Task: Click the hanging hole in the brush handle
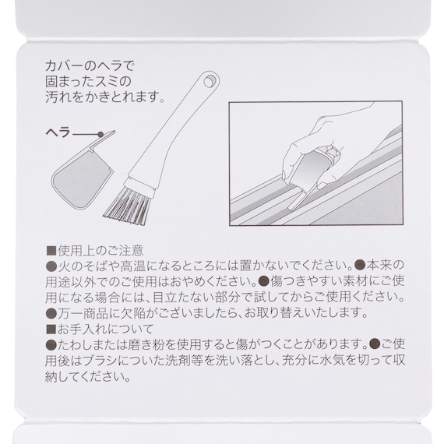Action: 209,82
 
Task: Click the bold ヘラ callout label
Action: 58,132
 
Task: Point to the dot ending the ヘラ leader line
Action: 100,134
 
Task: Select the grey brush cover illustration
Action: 83,173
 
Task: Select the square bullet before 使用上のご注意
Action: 51,251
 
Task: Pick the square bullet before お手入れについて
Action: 51,329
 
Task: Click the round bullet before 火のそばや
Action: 51,266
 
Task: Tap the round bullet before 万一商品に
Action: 51,313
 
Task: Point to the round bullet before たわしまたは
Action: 51,344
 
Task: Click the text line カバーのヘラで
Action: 90,66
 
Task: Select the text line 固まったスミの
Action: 88,82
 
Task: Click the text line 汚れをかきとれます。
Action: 105,97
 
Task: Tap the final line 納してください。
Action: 88,376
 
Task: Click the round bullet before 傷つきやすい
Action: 263,282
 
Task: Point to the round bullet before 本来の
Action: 360,266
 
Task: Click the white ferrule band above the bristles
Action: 140,185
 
